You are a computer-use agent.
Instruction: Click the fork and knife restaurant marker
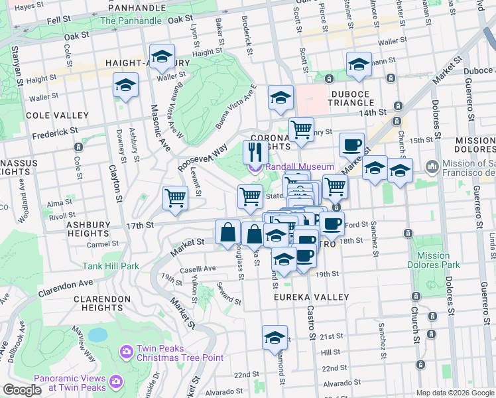[x=255, y=152]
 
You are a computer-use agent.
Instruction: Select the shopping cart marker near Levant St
[x=175, y=197]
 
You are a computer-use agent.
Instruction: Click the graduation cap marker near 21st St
[x=275, y=337]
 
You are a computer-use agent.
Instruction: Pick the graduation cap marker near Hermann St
[x=359, y=64]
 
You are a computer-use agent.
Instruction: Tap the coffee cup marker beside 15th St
[x=351, y=144]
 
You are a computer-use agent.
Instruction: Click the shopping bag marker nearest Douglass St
[x=227, y=232]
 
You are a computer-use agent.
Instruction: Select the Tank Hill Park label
[x=111, y=266]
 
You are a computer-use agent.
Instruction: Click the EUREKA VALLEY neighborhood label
[x=307, y=298]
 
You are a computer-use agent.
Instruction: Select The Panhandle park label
[x=131, y=21]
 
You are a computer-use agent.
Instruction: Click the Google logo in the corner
[x=22, y=390]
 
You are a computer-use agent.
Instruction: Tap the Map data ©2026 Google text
[x=454, y=393]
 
